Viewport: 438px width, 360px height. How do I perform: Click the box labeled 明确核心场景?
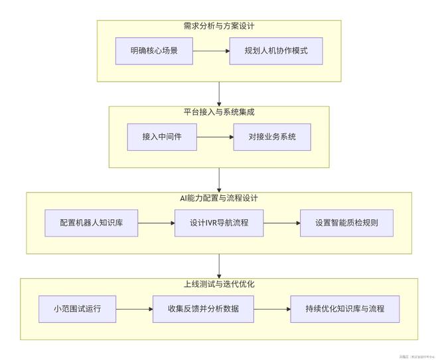pos(153,50)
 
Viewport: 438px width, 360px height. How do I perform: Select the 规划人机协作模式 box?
pos(275,50)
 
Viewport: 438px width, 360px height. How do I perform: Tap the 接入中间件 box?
pos(162,137)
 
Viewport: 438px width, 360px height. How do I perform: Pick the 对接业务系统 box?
pos(272,137)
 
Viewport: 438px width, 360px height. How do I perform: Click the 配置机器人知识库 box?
pos(92,223)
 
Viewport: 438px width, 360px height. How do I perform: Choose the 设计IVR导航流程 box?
pos(219,223)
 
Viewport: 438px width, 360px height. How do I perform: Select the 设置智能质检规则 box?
pos(346,223)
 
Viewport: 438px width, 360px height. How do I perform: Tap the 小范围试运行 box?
pos(78,309)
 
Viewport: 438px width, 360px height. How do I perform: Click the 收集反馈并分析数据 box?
pos(204,309)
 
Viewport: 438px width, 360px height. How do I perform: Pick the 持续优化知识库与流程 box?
pos(344,309)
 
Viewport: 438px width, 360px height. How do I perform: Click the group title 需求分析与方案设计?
pos(219,27)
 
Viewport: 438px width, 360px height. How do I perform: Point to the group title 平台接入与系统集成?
pos(219,112)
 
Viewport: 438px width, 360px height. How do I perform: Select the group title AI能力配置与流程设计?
pos(219,198)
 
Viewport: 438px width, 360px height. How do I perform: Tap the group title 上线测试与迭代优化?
pos(219,284)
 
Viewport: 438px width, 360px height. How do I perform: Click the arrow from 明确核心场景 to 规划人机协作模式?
pos(210,50)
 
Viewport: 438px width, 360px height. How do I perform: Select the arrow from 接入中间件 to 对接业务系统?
pos(215,137)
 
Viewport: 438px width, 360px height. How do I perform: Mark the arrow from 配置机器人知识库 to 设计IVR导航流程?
pos(157,223)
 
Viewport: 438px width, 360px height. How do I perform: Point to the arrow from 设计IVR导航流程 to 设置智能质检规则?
pos(281,223)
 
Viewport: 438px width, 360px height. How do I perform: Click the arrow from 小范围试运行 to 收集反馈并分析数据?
pos(135,309)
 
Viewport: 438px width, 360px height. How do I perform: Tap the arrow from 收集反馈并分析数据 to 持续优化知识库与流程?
pos(272,309)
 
